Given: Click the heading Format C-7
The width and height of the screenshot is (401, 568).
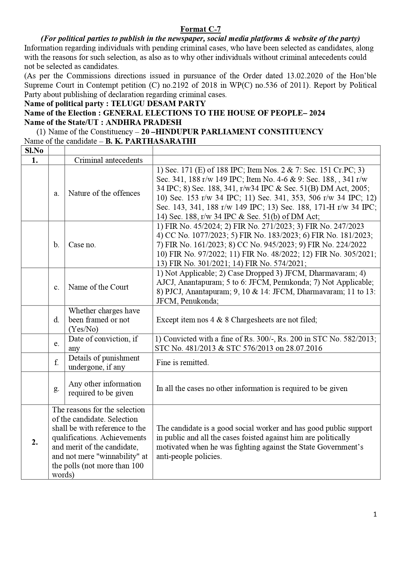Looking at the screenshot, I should pyautogui.click(x=200, y=29).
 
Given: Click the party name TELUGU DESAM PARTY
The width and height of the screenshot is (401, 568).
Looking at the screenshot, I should pyautogui.click(x=158, y=104).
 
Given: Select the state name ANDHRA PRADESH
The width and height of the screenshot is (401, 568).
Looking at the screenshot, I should pyautogui.click(x=143, y=122).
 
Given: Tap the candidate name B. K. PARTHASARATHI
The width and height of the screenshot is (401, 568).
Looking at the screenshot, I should pyautogui.click(x=151, y=141).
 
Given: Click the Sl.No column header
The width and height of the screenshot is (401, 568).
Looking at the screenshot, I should pyautogui.click(x=34, y=150).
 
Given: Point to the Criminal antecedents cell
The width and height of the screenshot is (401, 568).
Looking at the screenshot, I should pyautogui.click(x=108, y=160).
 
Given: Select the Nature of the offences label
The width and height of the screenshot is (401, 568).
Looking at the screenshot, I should pyautogui.click(x=104, y=193).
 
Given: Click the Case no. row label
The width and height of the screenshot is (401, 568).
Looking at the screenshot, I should pyautogui.click(x=82, y=245).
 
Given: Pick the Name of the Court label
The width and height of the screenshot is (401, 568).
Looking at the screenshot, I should pyautogui.click(x=98, y=287).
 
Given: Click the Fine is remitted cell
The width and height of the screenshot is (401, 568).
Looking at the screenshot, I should pyautogui.click(x=183, y=362).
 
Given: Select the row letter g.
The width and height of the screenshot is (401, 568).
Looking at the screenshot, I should pyautogui.click(x=57, y=388).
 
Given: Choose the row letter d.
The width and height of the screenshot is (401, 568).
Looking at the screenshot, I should pyautogui.click(x=57, y=320).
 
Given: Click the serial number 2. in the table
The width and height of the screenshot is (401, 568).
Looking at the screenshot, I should pyautogui.click(x=35, y=442).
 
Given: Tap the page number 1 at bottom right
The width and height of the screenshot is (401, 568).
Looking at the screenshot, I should pyautogui.click(x=375, y=514).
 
